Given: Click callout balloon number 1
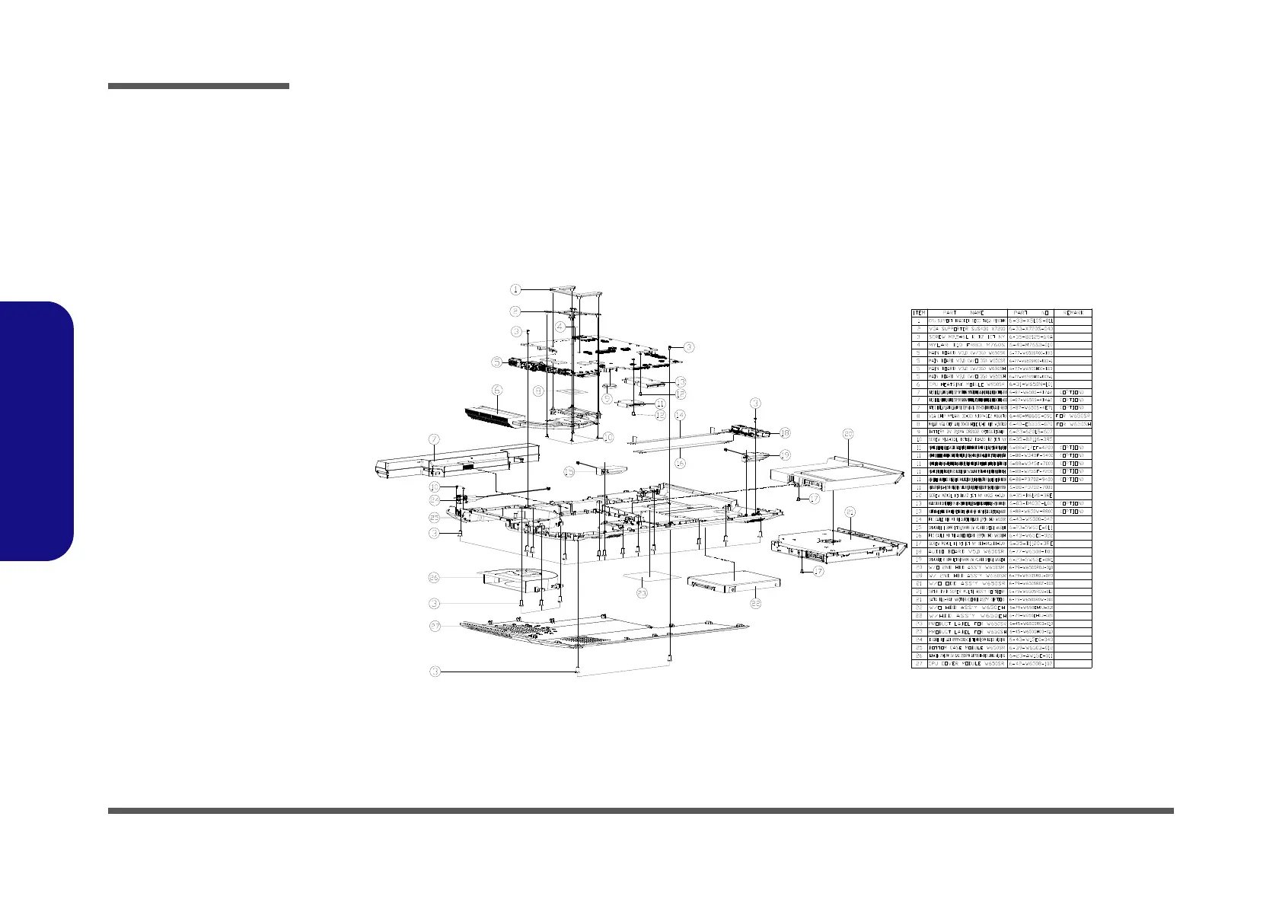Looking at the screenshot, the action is pos(515,289).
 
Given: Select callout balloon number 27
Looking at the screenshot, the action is pos(434,626).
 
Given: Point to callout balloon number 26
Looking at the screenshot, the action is pos(434,579).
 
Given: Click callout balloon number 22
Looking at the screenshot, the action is pos(756,603).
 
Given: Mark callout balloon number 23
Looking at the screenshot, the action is pos(642,593).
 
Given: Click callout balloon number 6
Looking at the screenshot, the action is pos(496,391).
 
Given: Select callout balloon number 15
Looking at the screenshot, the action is pos(569,472).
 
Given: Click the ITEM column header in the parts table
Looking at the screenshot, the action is pos(919,313).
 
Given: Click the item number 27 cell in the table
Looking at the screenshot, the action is pos(919,664).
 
